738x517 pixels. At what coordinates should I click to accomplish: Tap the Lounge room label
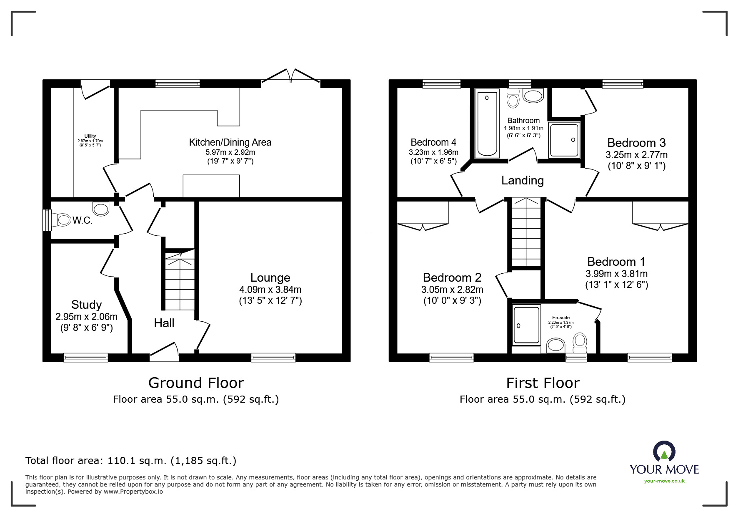tap(270, 277)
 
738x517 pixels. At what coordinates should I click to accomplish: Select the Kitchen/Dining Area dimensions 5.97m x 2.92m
tap(230, 152)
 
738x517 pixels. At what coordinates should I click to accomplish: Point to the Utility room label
tap(90, 136)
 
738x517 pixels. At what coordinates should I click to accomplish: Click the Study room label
tap(86, 305)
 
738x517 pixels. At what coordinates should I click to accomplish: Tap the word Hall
tap(164, 323)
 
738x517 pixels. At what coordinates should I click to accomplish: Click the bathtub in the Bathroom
tap(487, 124)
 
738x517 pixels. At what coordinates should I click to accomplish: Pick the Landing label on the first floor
tap(523, 180)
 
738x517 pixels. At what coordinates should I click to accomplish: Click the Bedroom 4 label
tap(433, 142)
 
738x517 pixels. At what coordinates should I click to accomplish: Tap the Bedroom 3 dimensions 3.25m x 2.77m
tap(636, 155)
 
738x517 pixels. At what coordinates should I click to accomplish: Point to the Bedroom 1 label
tap(616, 262)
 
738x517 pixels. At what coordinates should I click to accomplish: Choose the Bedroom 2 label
tap(452, 277)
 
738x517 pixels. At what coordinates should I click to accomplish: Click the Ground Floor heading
tap(196, 383)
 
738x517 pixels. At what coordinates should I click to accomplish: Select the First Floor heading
tap(543, 383)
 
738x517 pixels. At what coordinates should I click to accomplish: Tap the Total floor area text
tap(131, 461)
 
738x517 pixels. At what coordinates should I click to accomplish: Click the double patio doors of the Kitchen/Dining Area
tap(290, 76)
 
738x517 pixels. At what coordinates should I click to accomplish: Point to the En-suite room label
tap(561, 318)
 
